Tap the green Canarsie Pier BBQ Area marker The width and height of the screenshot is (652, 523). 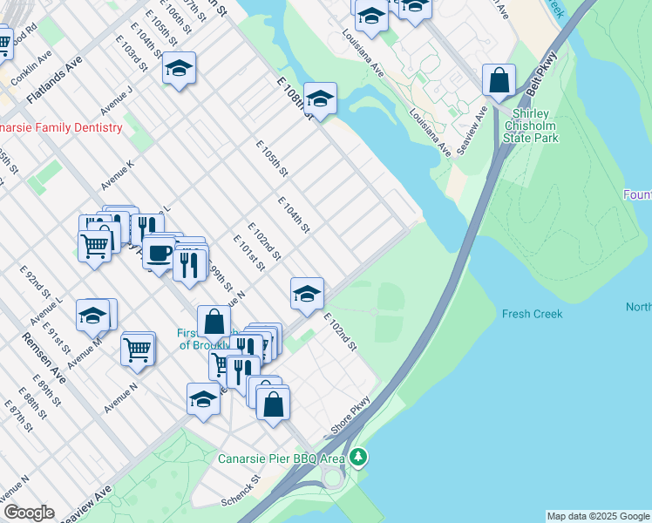357,458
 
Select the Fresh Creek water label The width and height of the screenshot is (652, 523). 532,314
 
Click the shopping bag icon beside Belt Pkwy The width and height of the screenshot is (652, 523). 499,81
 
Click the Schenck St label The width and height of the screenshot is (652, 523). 241,492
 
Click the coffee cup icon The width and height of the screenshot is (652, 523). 158,253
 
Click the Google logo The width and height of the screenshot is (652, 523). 29,513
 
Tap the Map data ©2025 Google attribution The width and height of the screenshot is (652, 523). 598,516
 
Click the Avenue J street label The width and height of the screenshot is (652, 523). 116,99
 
